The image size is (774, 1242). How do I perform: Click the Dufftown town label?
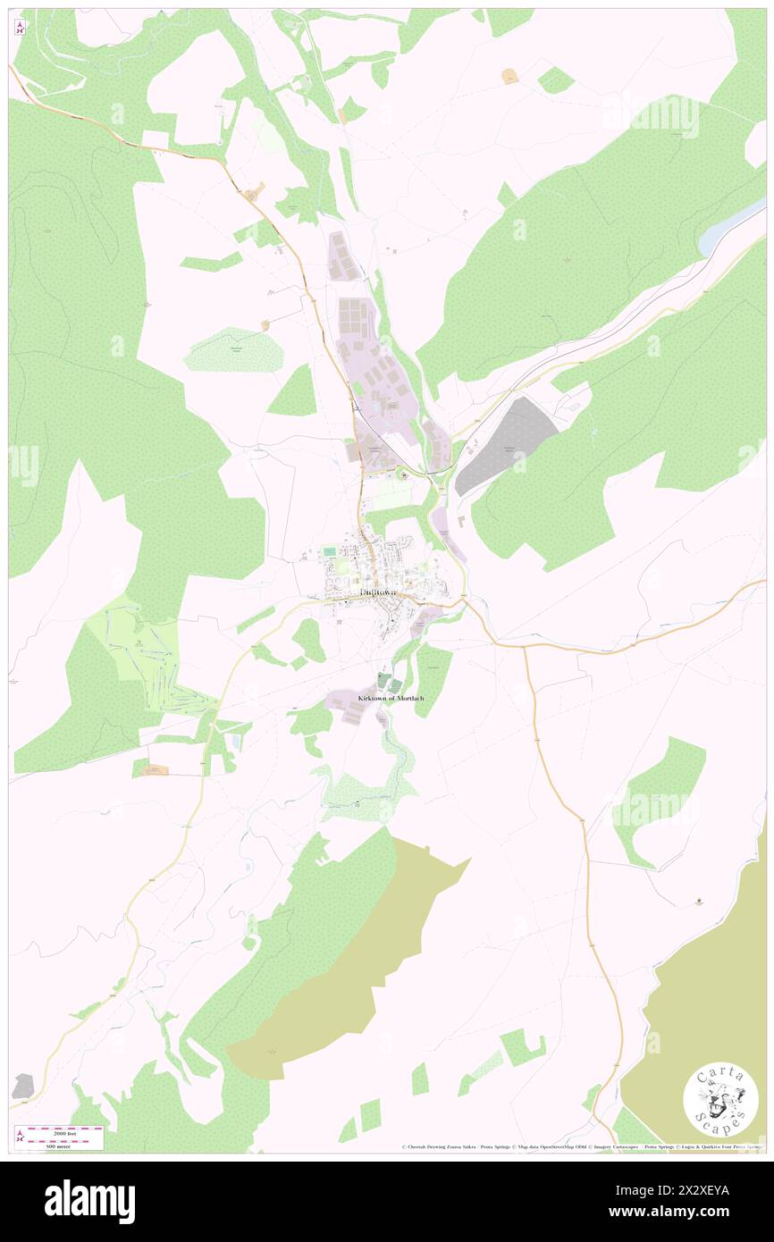(x=377, y=592)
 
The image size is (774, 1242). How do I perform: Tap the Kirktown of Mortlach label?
(x=384, y=697)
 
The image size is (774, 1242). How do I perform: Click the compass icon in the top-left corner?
(x=20, y=27)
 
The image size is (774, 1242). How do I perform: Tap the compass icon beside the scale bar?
(x=20, y=1137)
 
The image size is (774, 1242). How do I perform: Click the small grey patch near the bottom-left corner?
(x=22, y=1087)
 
